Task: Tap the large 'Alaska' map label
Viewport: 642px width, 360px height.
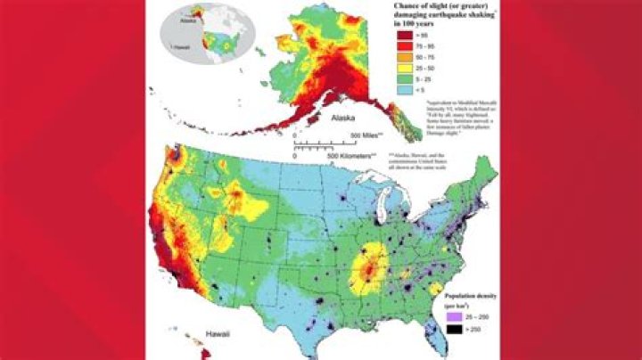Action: point(345,118)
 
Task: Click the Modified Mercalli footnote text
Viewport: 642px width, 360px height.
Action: point(455,119)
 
